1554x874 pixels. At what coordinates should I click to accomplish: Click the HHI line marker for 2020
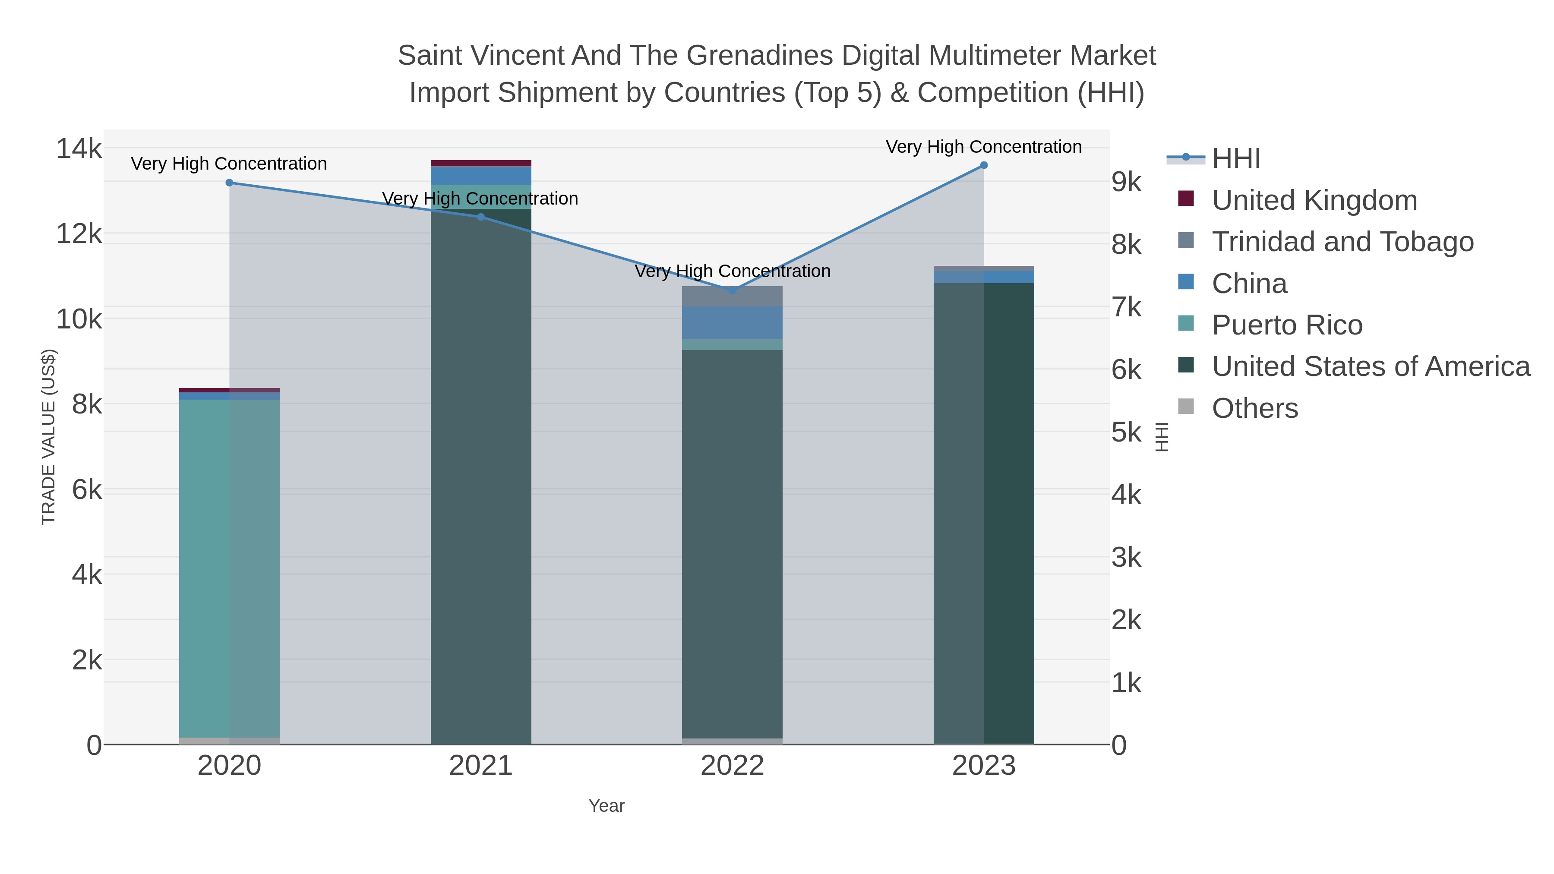229,183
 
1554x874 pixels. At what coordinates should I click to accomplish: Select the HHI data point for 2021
481,217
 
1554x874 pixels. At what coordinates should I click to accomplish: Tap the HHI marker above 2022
733,290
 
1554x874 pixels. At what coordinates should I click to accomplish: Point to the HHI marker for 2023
984,165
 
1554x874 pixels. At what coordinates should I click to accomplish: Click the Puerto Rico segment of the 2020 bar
229,567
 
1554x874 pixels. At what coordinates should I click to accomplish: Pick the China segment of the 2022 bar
733,323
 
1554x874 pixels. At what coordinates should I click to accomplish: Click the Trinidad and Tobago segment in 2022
733,296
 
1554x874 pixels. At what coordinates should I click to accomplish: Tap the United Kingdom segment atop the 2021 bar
481,163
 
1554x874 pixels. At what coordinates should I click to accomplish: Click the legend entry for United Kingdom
1314,200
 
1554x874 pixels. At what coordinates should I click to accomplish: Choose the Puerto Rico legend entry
1287,325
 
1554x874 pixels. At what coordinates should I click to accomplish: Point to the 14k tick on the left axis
79,148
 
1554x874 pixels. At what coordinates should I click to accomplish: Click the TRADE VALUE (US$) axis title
48,437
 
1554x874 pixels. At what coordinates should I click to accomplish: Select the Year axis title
606,806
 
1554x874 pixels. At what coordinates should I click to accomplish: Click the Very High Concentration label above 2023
983,147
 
